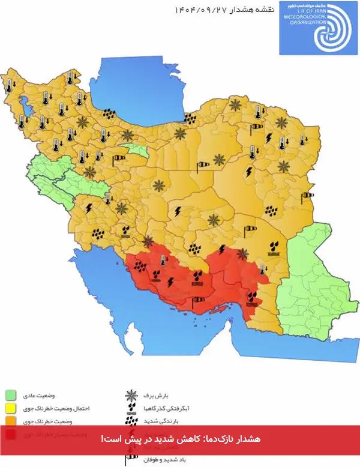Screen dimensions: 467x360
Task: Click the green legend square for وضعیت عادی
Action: (x=10, y=395)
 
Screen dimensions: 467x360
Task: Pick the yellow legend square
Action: (x=10, y=408)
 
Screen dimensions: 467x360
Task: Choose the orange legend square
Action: (x=10, y=420)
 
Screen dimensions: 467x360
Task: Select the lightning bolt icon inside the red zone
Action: (x=171, y=282)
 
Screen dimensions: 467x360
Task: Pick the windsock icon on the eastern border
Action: (x=308, y=195)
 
